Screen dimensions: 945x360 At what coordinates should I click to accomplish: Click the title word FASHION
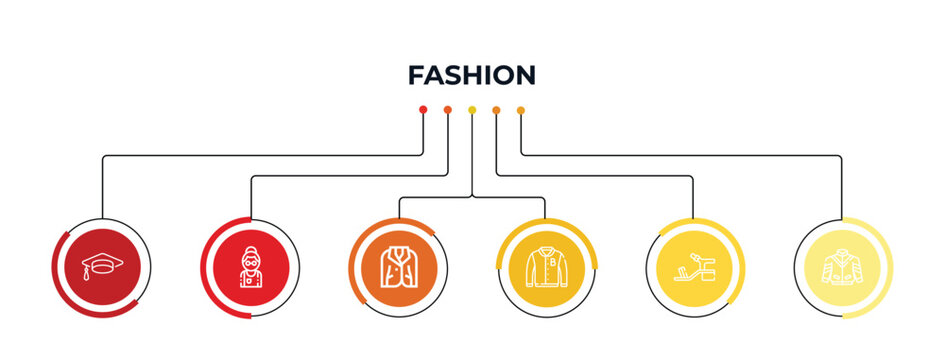point(472,75)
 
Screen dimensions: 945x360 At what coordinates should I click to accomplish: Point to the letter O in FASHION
point(502,75)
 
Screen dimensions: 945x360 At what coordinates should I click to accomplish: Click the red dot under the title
point(423,109)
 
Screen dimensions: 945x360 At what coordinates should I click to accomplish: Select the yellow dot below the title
point(472,109)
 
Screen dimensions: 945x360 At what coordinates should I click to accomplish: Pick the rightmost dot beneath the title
point(520,109)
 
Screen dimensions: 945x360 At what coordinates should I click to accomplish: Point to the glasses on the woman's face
point(250,257)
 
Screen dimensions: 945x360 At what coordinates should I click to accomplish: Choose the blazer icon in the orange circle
point(398,267)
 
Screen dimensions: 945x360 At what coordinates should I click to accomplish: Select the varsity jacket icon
point(546,267)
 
